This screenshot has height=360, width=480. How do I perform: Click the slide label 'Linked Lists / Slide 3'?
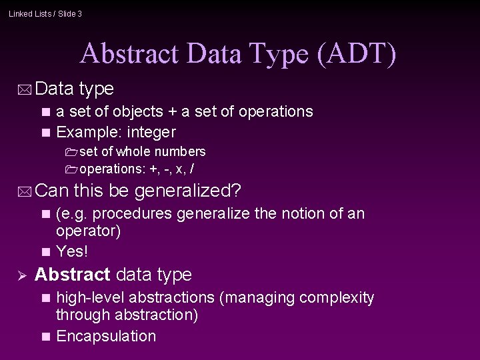pos(45,13)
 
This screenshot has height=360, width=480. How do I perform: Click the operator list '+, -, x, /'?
pos(175,168)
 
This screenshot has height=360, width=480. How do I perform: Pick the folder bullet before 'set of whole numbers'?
pos(71,152)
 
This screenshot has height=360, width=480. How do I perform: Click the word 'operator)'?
pos(88,232)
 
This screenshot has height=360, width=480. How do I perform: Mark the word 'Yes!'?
pos(72,251)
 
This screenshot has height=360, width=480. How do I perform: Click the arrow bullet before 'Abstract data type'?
pos(21,275)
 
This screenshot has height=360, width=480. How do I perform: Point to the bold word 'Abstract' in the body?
pos(73,275)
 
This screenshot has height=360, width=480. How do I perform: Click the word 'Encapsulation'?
pos(106,336)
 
